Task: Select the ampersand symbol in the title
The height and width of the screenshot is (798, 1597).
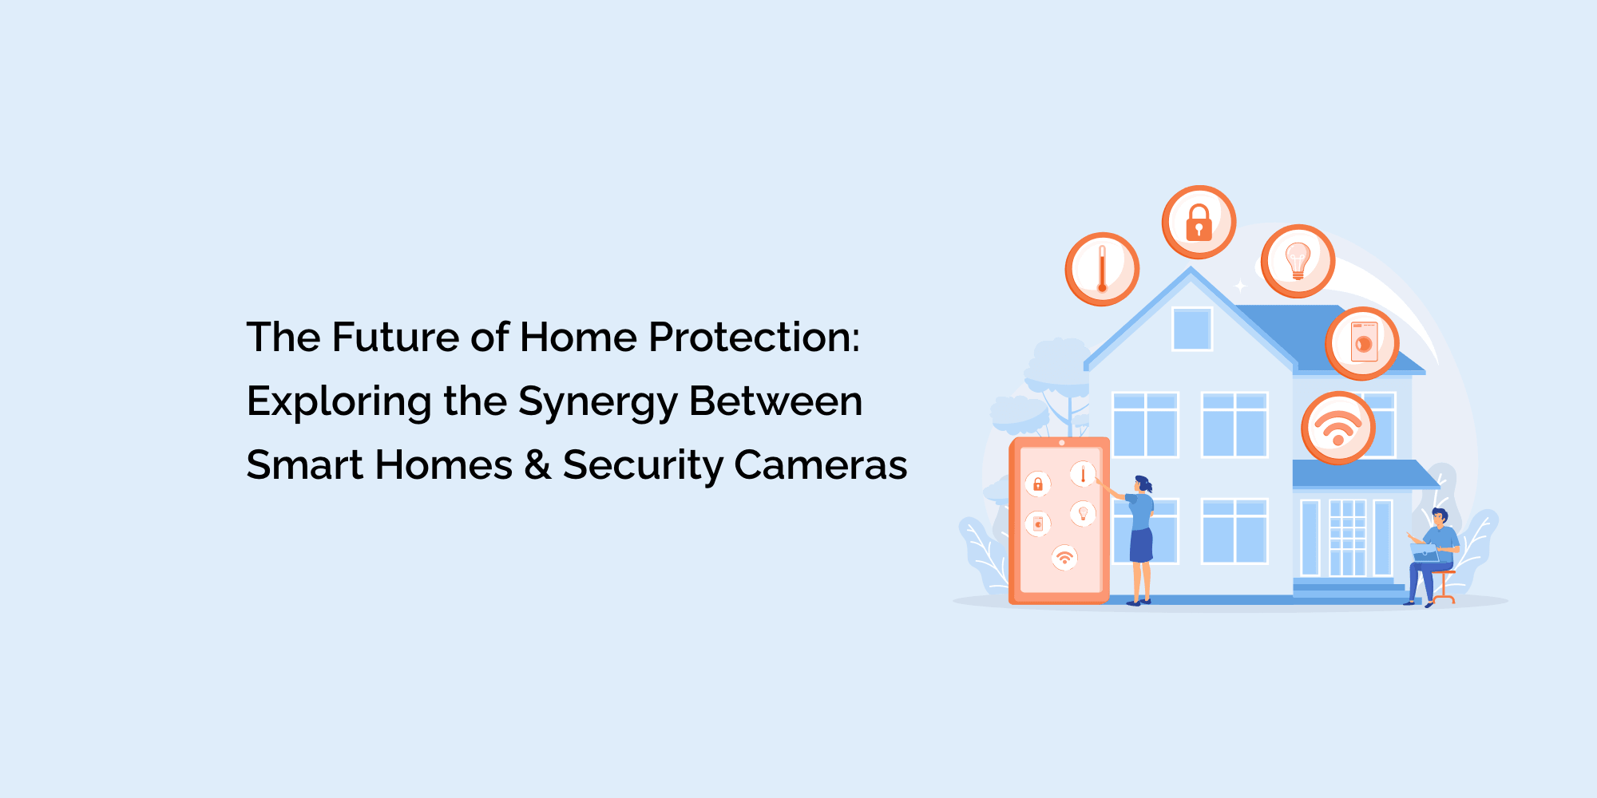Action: [537, 464]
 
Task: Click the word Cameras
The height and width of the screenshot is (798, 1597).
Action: [820, 464]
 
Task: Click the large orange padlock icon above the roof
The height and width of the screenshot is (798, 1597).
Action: [1199, 223]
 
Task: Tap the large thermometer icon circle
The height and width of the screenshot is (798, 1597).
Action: [1102, 270]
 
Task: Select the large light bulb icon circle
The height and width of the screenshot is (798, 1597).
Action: [1298, 262]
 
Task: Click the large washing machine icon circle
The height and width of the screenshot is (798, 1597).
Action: [1362, 344]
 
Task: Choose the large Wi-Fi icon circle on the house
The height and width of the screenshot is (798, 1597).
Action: [1338, 429]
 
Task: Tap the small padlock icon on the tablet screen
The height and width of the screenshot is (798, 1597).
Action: [1038, 484]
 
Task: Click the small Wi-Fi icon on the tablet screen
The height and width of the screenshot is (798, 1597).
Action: [1064, 558]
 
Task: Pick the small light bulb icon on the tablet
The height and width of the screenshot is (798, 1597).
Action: [1083, 513]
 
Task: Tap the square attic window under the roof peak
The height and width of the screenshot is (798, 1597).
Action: [1192, 329]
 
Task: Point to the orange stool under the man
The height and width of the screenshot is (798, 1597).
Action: [1443, 587]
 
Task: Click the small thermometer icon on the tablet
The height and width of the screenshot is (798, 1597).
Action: [1083, 475]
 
